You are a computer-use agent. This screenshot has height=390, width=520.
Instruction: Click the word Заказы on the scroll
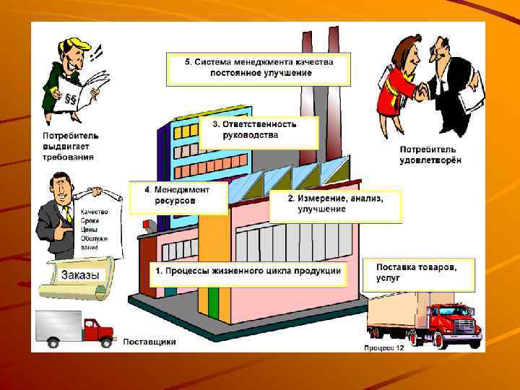click(81, 275)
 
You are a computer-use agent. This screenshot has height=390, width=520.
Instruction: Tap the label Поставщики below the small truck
click(149, 342)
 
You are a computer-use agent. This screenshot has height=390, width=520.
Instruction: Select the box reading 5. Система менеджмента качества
click(259, 67)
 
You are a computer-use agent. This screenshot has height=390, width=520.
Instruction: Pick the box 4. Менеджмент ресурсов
click(178, 195)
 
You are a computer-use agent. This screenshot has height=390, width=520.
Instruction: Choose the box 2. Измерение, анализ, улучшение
click(335, 204)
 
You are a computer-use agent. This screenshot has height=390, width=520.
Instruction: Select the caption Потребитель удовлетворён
click(430, 155)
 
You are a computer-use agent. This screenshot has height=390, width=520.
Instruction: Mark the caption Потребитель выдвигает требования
click(69, 147)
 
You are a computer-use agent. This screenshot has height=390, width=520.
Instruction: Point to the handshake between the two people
click(421, 92)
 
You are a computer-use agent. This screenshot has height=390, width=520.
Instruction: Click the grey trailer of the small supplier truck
click(58, 326)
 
